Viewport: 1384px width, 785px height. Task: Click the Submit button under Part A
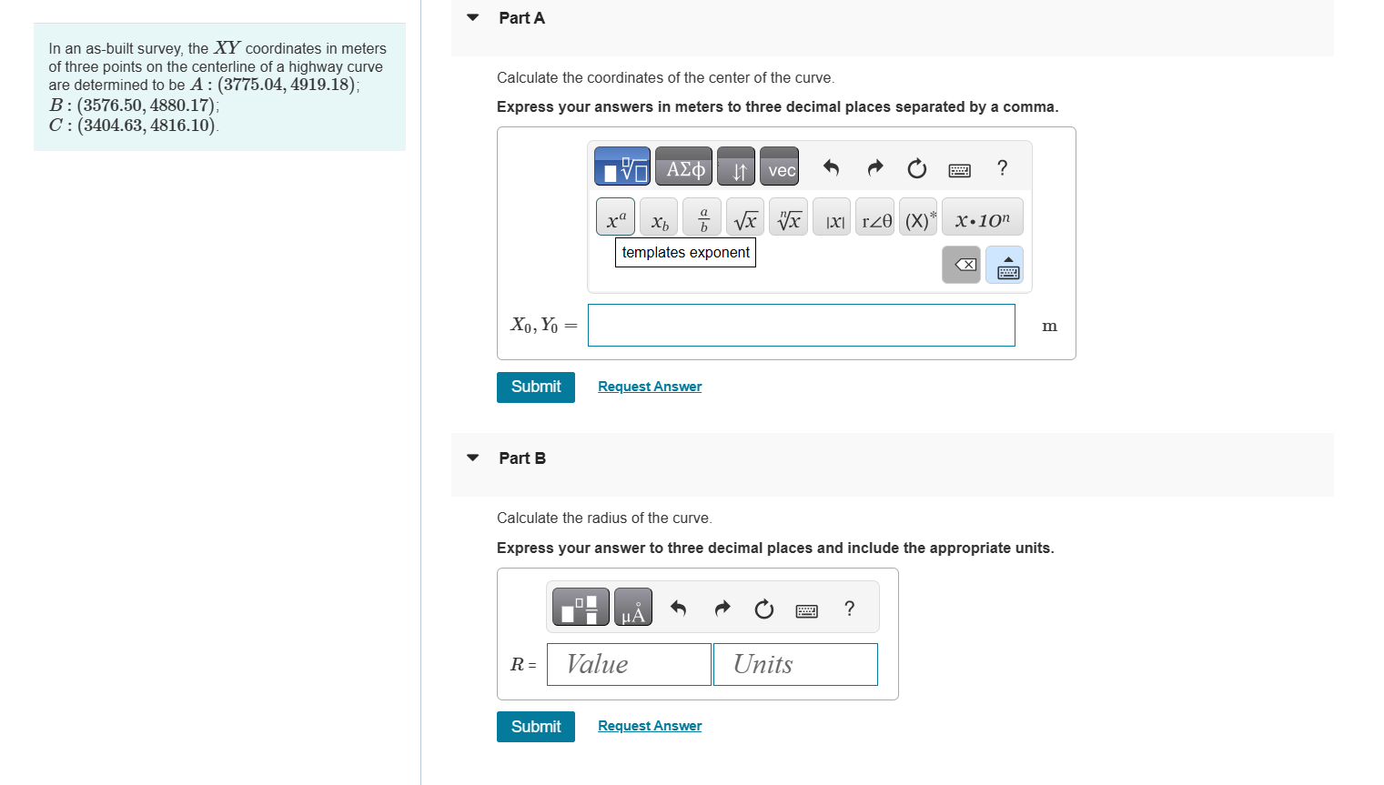[535, 387]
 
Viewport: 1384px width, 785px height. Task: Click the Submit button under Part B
[535, 727]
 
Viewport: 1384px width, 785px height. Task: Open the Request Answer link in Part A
[650, 387]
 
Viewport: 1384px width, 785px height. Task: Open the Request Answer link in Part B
[650, 726]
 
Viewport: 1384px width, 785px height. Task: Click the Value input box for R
[629, 665]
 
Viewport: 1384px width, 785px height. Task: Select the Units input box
[795, 665]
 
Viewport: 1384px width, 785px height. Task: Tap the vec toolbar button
[780, 167]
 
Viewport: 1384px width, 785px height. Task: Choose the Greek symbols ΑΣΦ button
[683, 167]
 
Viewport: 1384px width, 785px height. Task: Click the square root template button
[744, 217]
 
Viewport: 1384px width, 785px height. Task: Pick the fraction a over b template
[702, 217]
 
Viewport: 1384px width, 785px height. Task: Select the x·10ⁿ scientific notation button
[982, 217]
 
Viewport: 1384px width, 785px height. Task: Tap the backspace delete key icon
[962, 265]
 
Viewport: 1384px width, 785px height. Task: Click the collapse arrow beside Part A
[472, 17]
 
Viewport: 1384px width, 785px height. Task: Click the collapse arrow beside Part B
[472, 458]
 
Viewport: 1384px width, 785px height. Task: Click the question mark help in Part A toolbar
[1002, 167]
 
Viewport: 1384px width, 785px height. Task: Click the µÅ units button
[633, 608]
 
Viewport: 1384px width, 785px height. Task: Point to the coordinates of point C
[146, 126]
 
